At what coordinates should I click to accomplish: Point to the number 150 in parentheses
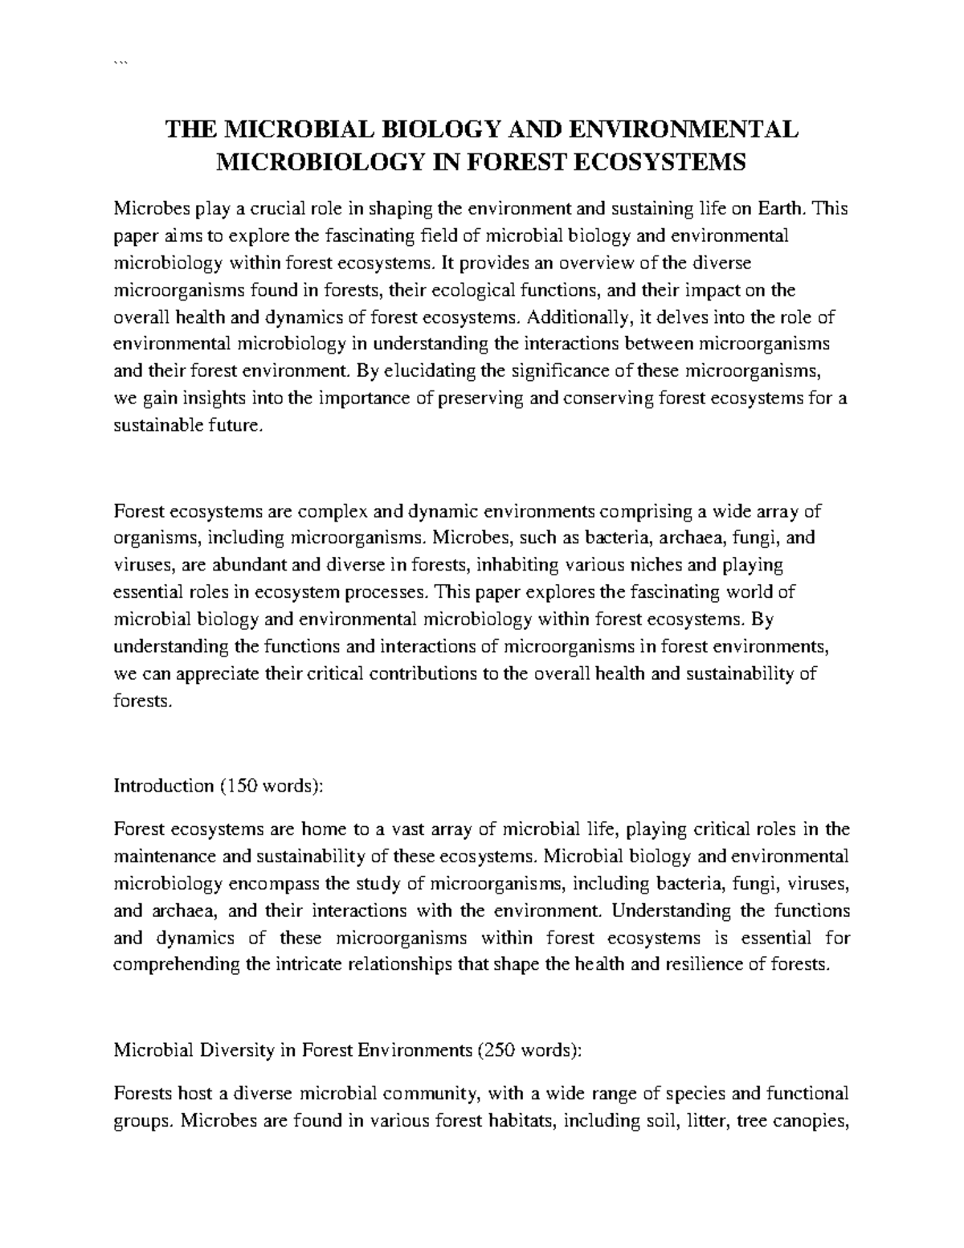coord(241,784)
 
